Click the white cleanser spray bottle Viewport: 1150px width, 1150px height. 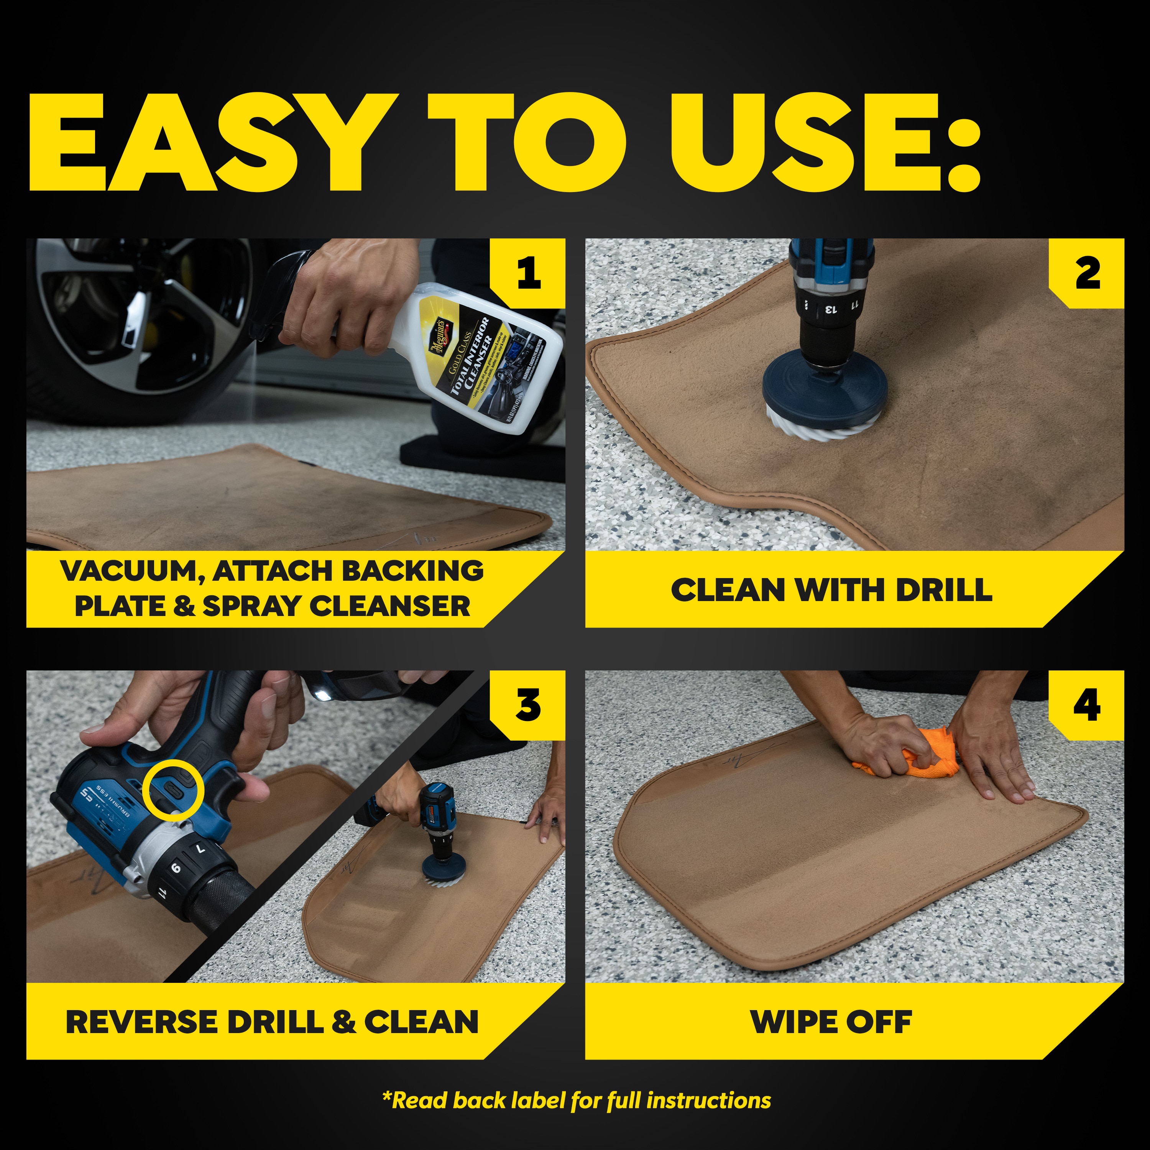point(476,357)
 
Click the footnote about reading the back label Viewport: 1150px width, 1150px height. point(576,1101)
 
